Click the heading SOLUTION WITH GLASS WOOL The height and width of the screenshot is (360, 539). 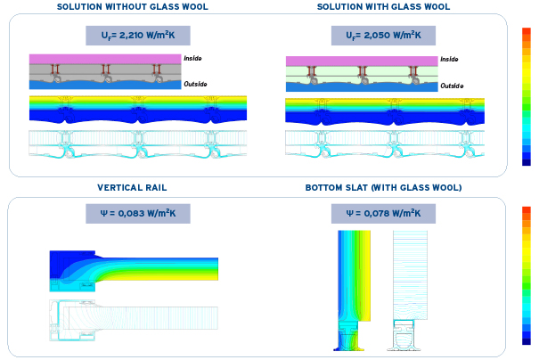click(383, 6)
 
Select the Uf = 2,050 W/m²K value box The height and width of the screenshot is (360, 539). click(383, 36)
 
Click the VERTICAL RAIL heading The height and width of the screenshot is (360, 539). click(131, 188)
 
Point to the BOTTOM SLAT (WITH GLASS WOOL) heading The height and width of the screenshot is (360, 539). click(383, 188)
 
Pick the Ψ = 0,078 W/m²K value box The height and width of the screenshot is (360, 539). click(383, 214)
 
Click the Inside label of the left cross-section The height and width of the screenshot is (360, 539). click(193, 59)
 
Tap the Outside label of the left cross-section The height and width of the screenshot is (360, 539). click(195, 85)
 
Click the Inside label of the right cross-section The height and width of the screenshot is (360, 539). click(450, 60)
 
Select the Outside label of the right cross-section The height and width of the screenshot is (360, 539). click(452, 86)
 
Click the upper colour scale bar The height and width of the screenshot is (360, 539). click(527, 96)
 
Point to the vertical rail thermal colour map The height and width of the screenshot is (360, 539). click(134, 267)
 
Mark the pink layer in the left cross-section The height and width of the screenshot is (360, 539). click(105, 59)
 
